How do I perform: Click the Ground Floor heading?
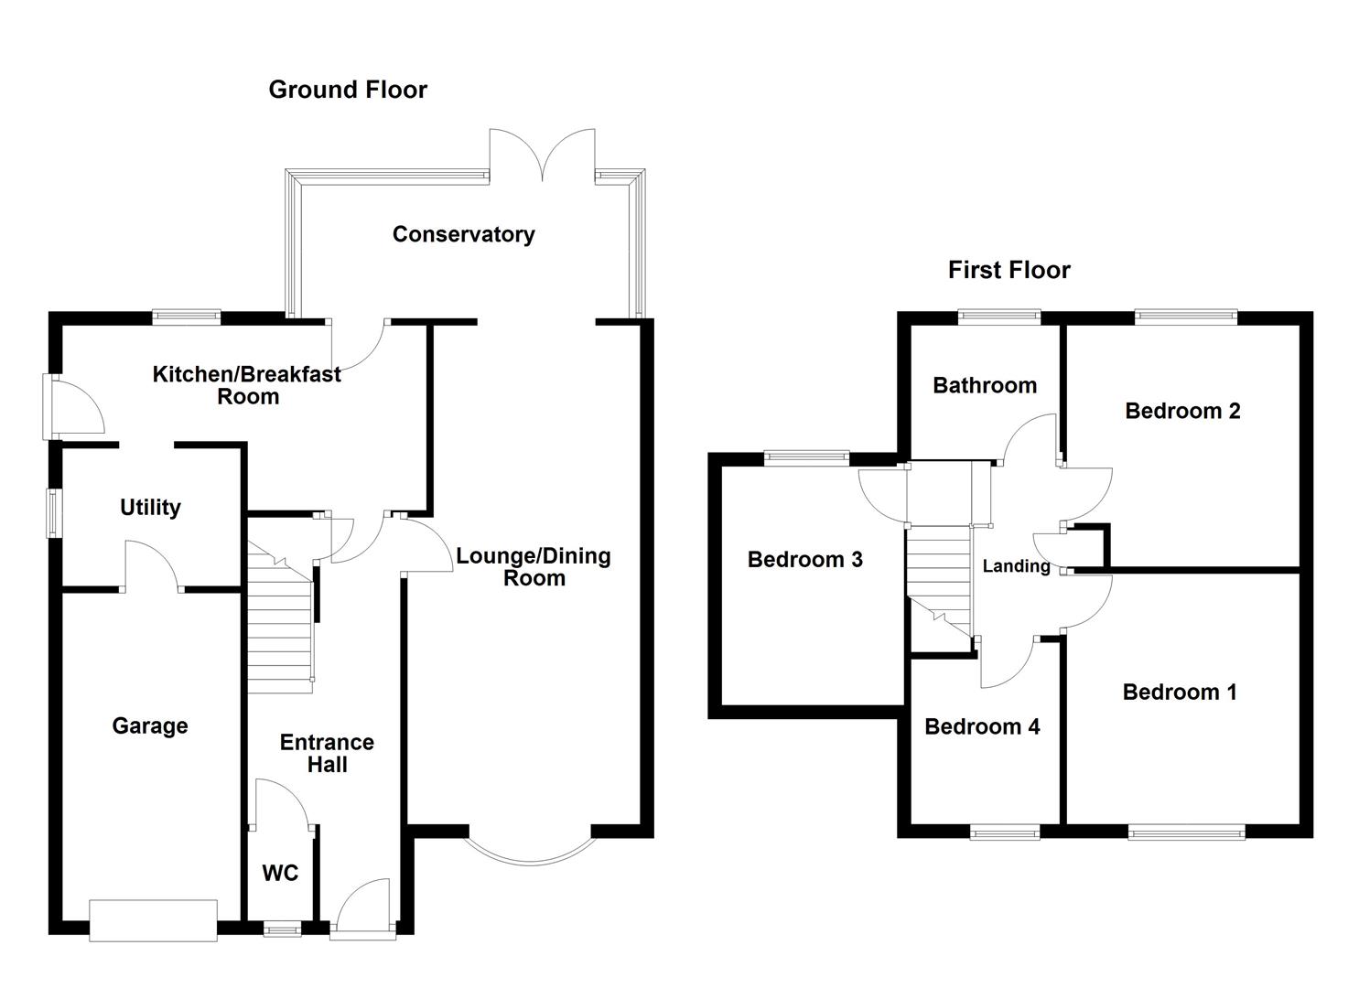click(x=348, y=90)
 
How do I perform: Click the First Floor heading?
click(x=1008, y=270)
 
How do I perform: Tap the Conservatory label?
click(x=463, y=234)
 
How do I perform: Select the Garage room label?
click(x=150, y=725)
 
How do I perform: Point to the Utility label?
click(x=150, y=507)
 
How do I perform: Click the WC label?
click(x=280, y=873)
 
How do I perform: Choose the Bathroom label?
click(x=985, y=385)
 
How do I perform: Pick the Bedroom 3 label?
click(x=804, y=559)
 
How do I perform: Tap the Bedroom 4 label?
click(x=982, y=726)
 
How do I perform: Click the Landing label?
click(x=1016, y=566)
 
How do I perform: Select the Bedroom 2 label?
click(x=1182, y=411)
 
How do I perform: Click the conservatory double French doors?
click(x=543, y=156)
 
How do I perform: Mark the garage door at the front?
click(x=153, y=919)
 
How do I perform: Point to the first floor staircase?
click(x=938, y=576)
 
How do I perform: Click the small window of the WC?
click(x=282, y=929)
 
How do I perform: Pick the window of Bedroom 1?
click(x=1186, y=832)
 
